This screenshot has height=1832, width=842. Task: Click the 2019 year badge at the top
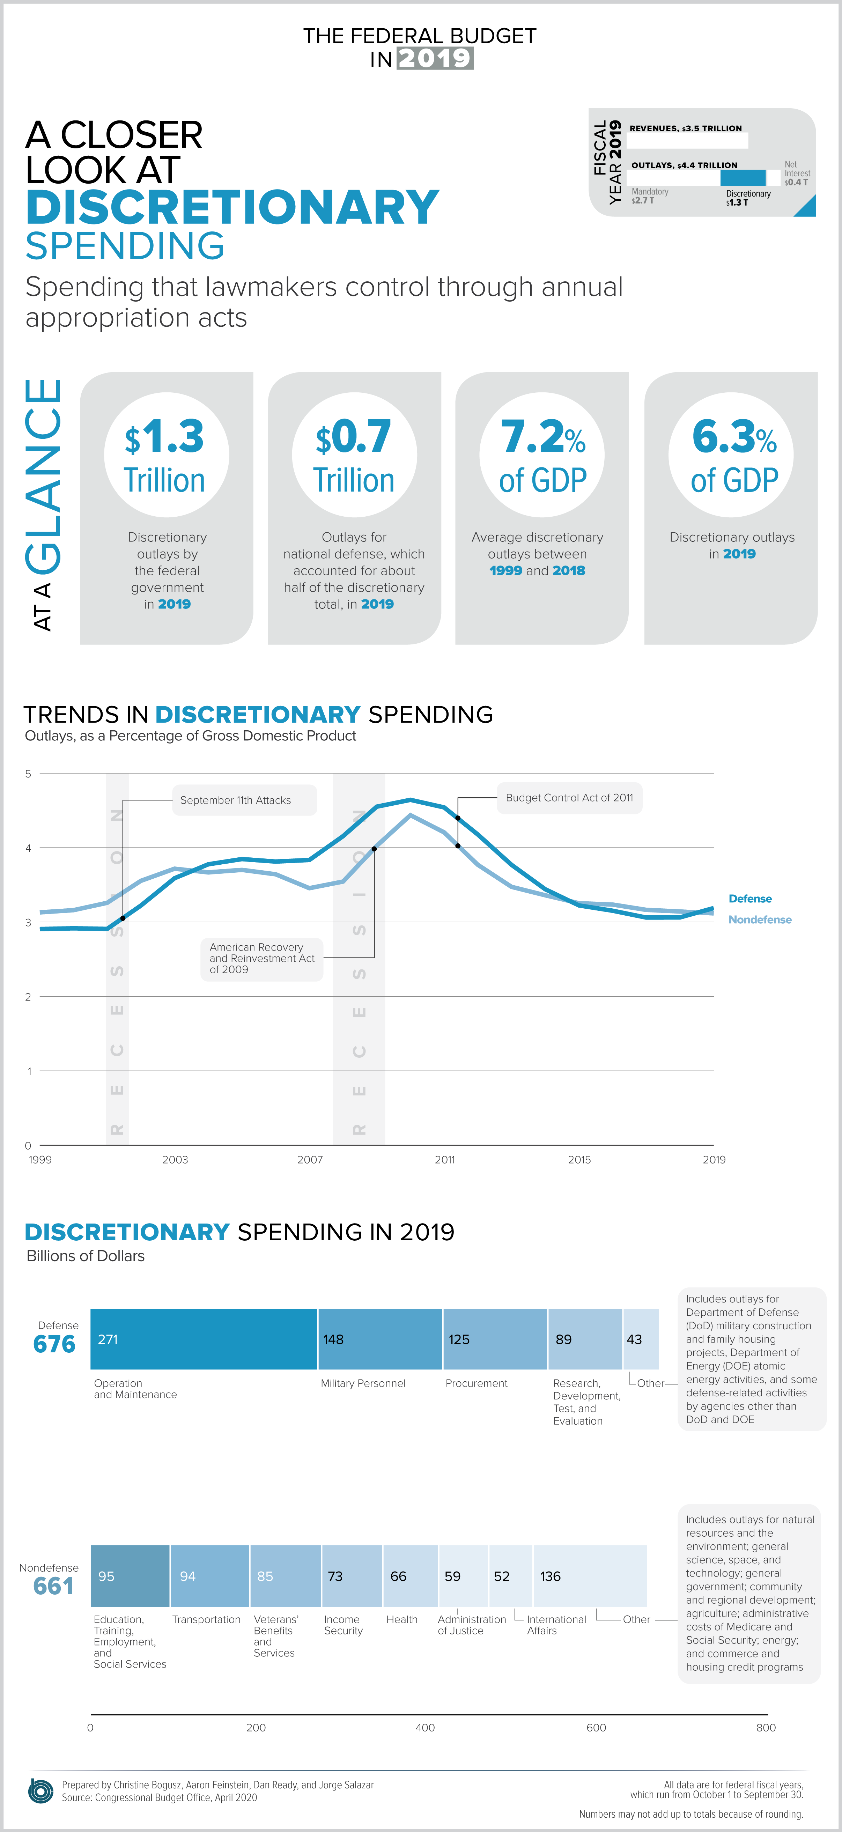(x=435, y=58)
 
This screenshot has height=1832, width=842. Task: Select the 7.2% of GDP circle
(x=542, y=455)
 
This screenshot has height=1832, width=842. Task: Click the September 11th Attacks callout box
(x=244, y=800)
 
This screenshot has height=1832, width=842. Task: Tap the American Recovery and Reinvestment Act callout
(x=262, y=959)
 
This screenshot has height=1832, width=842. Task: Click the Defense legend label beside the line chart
(x=749, y=899)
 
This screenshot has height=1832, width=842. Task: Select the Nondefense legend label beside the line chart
(x=760, y=919)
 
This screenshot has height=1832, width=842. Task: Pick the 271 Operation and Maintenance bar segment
(x=204, y=1339)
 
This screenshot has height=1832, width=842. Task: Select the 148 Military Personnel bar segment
(x=380, y=1339)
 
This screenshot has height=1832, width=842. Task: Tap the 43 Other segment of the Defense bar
(x=641, y=1339)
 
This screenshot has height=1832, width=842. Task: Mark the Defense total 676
(x=54, y=1344)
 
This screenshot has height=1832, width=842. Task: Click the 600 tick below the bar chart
(x=596, y=1728)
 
